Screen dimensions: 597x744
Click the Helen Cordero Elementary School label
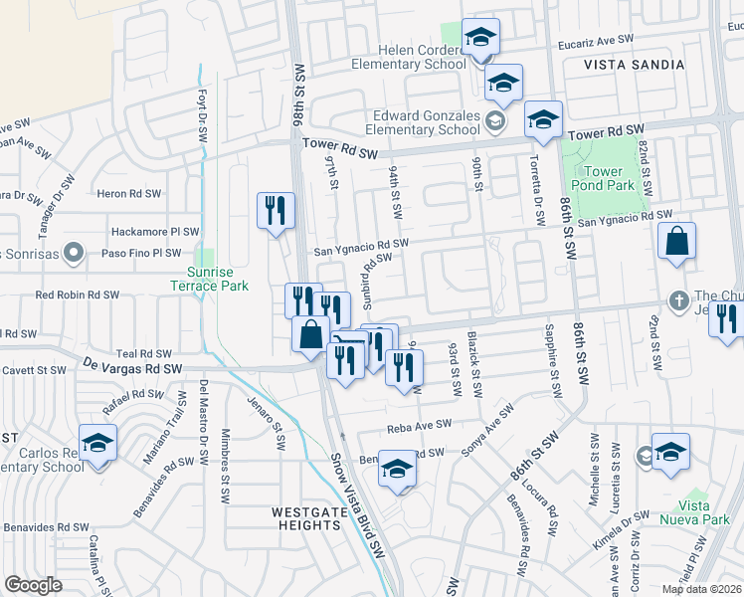point(408,57)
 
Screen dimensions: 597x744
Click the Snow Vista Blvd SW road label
point(359,507)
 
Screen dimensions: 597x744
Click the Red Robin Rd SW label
point(77,296)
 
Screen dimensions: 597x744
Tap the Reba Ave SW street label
point(419,425)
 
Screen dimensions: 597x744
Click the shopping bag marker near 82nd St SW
point(676,242)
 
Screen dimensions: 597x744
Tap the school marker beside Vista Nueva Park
point(670,452)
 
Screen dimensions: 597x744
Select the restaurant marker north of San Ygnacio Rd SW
point(276,211)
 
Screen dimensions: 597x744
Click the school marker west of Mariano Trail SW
point(98,443)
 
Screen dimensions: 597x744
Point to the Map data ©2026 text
point(701,589)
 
